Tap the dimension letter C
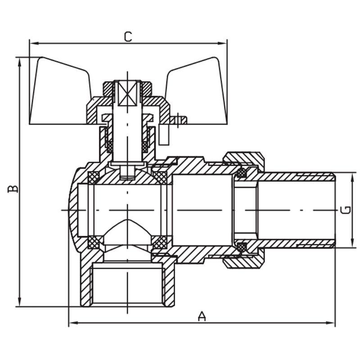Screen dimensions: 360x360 click(128, 36)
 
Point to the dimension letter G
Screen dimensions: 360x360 click(346, 210)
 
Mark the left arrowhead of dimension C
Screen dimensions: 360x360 click(33, 44)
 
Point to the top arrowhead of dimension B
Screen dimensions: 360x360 click(19, 61)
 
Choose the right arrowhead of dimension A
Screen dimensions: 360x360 click(332, 323)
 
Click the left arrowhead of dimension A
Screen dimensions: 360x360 click(72, 323)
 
